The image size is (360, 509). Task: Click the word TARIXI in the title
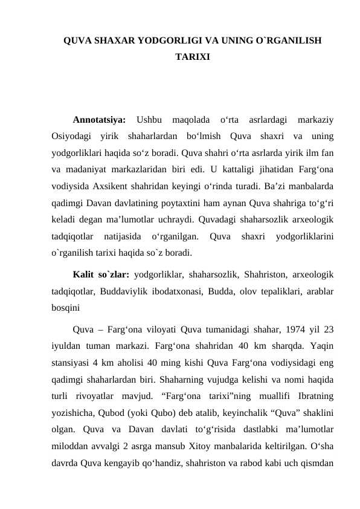pyautogui.click(x=192, y=57)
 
